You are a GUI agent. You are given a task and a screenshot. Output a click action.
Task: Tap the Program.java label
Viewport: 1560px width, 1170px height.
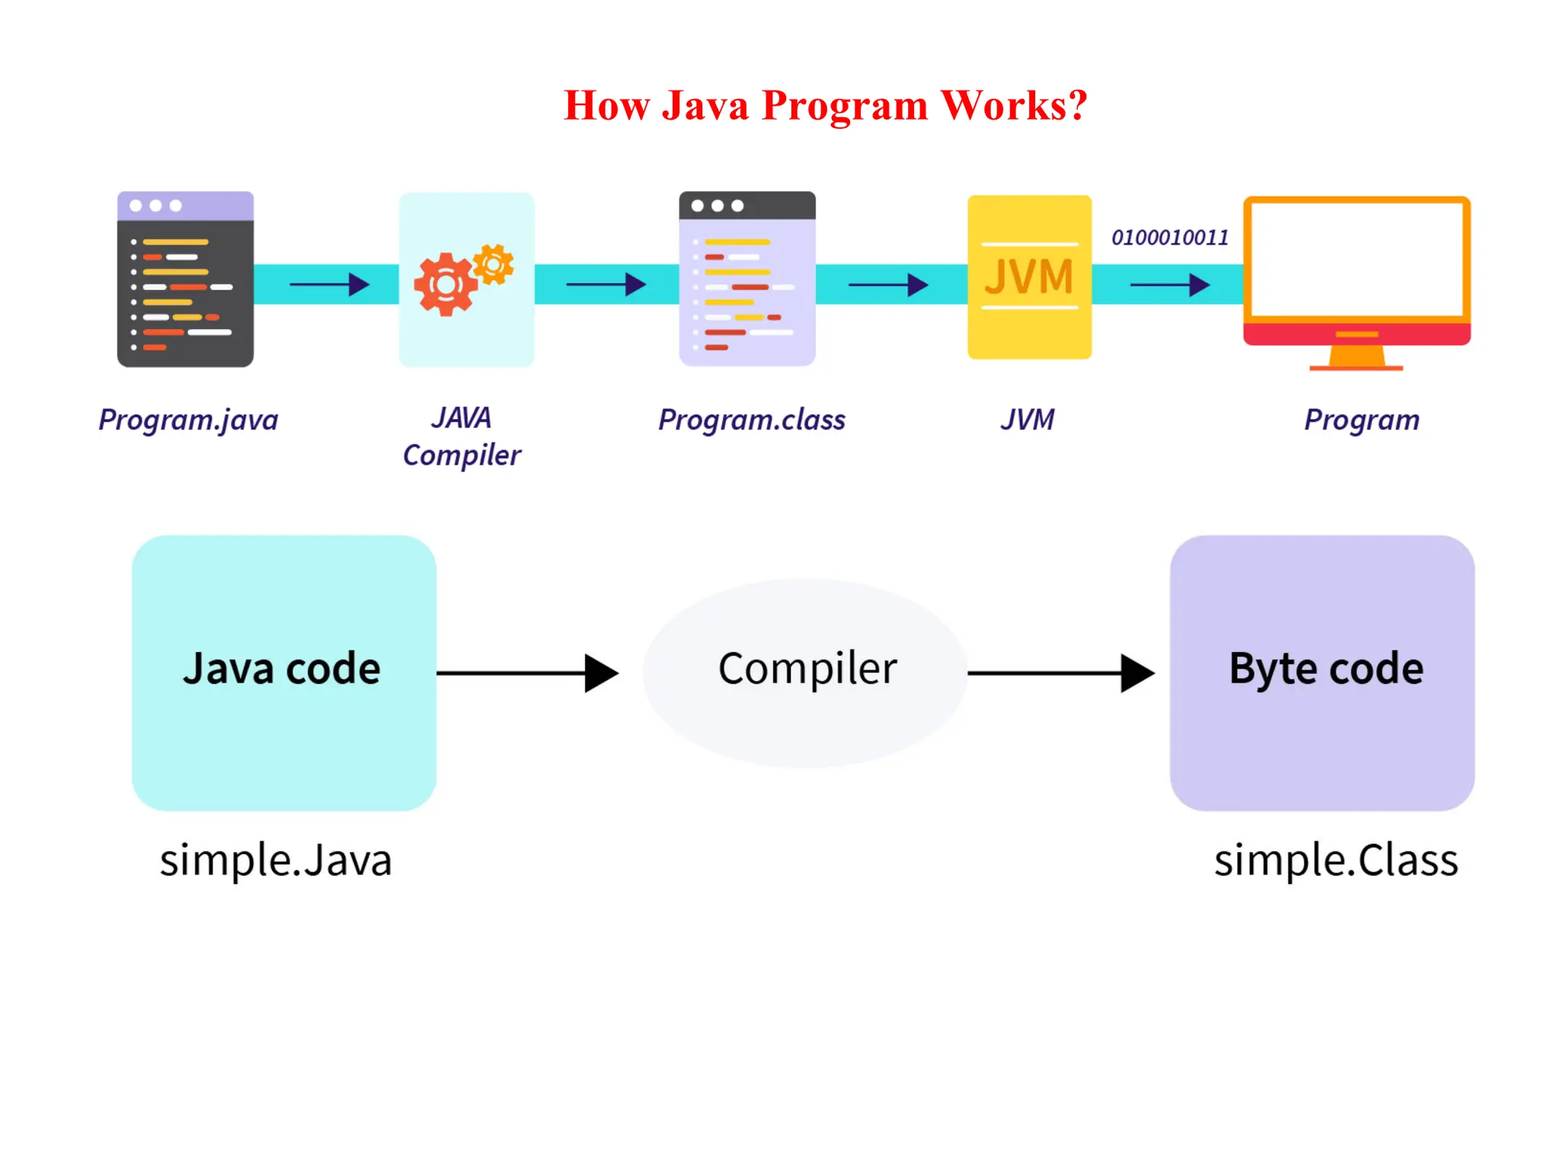[188, 420]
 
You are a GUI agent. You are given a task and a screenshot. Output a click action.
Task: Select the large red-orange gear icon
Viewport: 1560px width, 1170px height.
[445, 284]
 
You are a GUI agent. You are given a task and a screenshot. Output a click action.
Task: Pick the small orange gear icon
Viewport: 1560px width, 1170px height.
[494, 264]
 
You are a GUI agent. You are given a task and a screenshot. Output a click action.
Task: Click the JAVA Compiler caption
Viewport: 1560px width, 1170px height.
[462, 436]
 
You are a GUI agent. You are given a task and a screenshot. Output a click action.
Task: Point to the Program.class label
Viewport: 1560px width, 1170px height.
[752, 420]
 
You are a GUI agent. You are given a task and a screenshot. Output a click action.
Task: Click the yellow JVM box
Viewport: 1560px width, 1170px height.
[1029, 277]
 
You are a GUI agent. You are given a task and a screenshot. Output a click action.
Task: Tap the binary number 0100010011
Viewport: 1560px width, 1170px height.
[1170, 238]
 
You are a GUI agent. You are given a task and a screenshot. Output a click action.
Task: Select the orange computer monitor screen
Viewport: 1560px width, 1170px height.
[1357, 259]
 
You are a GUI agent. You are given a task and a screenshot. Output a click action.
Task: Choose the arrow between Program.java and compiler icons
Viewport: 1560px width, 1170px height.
[329, 285]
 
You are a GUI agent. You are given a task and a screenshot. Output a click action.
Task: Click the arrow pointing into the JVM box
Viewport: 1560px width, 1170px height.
[888, 285]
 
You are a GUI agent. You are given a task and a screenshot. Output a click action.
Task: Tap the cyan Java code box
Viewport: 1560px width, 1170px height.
[283, 672]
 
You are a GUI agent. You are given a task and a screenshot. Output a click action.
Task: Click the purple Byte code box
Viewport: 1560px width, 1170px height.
[1322, 672]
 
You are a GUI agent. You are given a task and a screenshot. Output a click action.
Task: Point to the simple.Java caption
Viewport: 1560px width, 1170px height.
[276, 861]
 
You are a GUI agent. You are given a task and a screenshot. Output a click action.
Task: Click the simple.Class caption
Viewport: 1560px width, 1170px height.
[1336, 861]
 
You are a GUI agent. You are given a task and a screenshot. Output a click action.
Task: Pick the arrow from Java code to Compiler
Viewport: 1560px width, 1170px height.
[527, 673]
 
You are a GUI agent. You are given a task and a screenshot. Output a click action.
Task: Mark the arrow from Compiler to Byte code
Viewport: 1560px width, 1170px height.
[1060, 673]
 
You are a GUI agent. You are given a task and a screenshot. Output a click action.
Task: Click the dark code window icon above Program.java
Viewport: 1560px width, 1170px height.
[185, 279]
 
